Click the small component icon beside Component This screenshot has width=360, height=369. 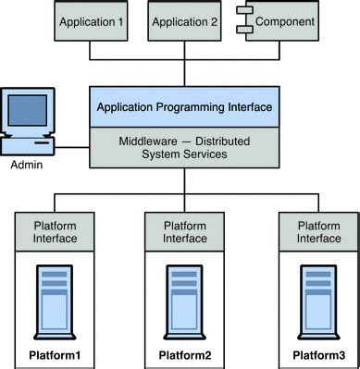pyautogui.click(x=245, y=19)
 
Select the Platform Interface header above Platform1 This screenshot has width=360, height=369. pyautogui.click(x=55, y=230)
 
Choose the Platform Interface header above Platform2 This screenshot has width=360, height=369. pyautogui.click(x=184, y=230)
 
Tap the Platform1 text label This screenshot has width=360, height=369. pyautogui.click(x=55, y=356)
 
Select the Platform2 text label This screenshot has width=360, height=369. pyautogui.click(x=184, y=356)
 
